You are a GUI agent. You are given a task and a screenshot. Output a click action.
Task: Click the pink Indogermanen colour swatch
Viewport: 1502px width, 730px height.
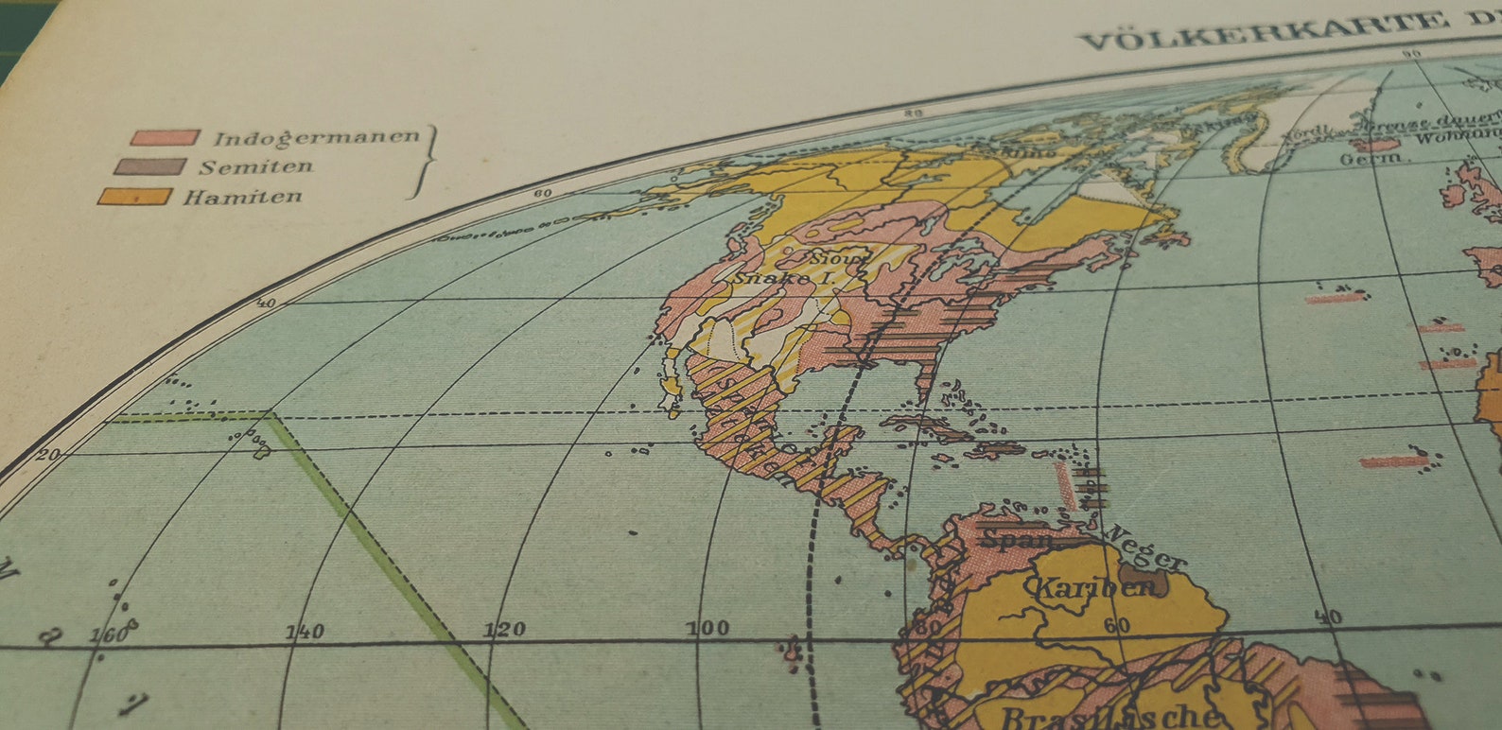point(165,138)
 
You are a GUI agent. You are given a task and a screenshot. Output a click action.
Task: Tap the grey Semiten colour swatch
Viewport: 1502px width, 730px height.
point(149,166)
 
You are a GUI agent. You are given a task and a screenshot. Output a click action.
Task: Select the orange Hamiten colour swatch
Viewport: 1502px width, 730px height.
point(134,197)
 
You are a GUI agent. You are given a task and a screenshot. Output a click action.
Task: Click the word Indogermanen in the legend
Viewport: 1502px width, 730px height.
point(316,138)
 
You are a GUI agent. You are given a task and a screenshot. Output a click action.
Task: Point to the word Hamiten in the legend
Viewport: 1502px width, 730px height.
point(242,198)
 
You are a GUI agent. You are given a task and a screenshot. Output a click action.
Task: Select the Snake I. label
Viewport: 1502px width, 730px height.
point(773,279)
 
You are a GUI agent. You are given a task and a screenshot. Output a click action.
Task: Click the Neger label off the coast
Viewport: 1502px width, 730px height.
point(1146,547)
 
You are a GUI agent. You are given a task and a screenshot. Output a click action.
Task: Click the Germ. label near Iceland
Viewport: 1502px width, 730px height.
point(1370,160)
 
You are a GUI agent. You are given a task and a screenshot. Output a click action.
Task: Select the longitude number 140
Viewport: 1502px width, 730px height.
point(305,631)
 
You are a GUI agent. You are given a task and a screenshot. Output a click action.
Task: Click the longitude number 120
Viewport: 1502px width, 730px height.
point(504,629)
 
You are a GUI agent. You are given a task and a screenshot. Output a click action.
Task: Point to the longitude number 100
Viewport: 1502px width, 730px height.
point(707,627)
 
